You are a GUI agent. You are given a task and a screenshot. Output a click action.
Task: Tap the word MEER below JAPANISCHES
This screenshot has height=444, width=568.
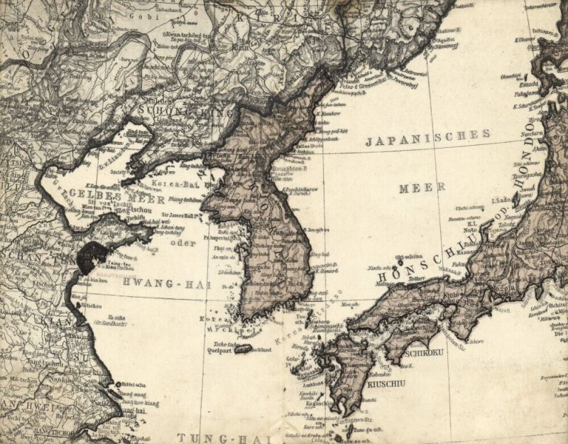pyautogui.click(x=421, y=188)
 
